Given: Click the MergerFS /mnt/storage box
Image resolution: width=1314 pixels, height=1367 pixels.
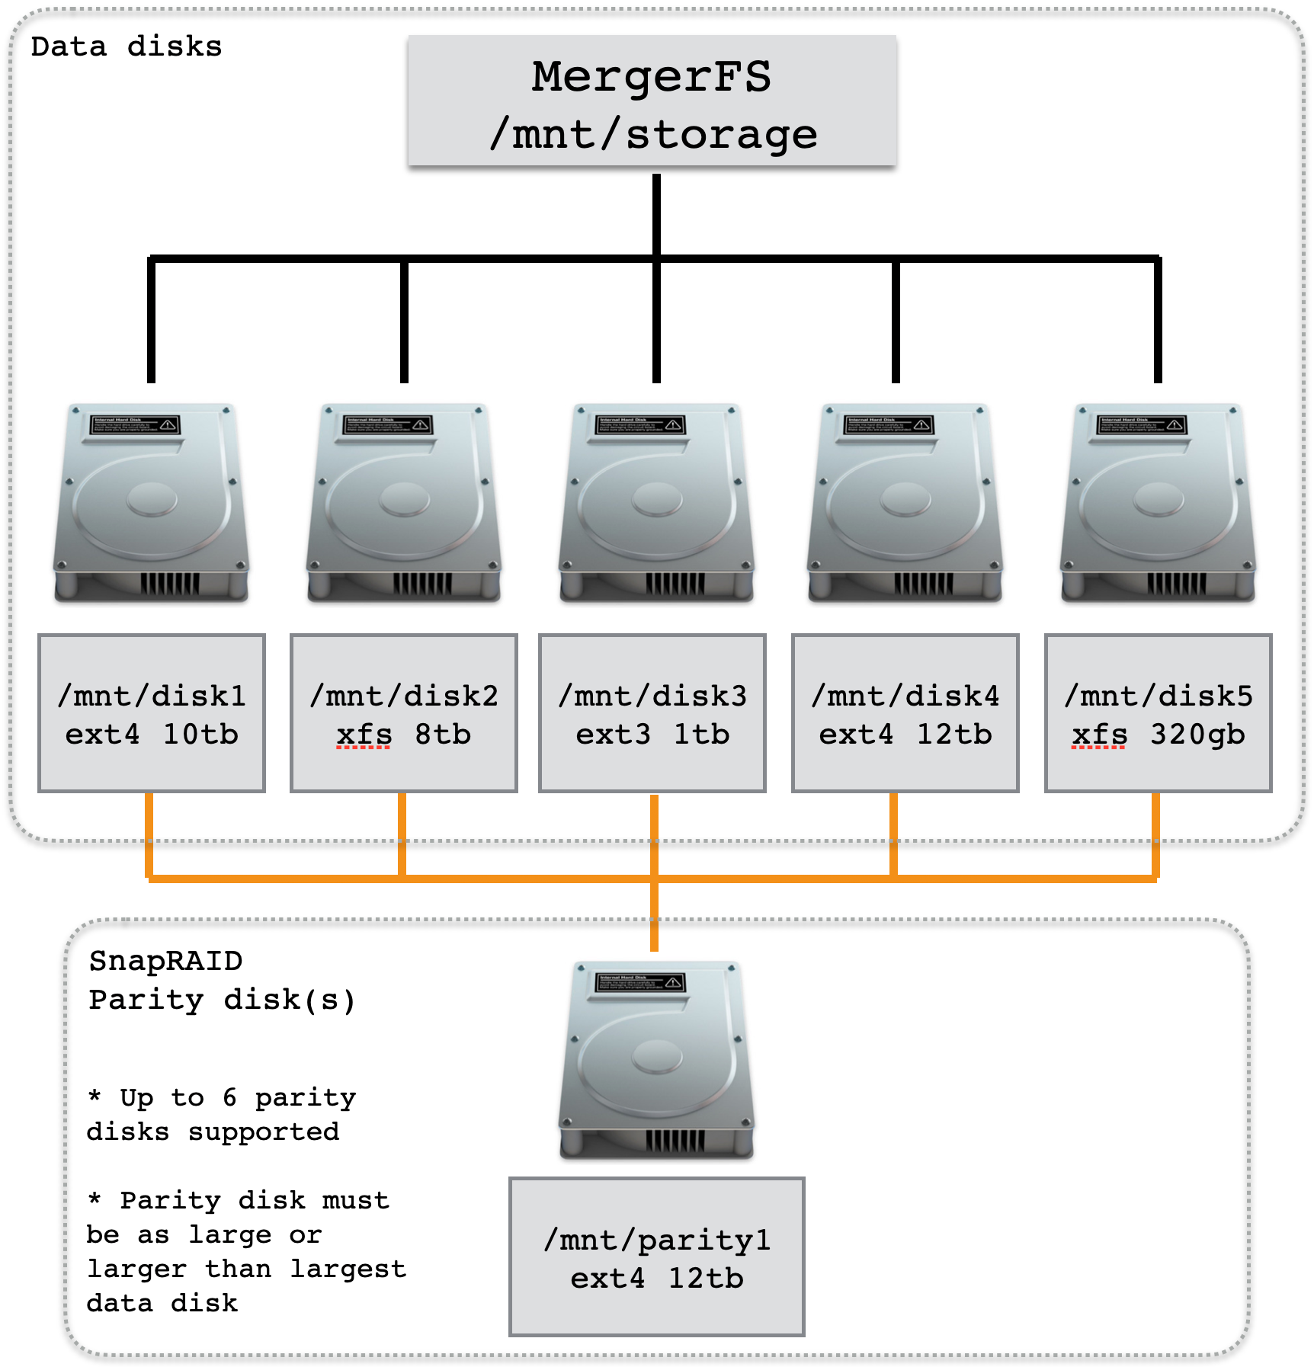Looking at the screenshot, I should click(x=652, y=101).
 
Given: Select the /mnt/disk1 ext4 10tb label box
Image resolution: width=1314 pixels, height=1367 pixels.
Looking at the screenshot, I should click(x=152, y=713).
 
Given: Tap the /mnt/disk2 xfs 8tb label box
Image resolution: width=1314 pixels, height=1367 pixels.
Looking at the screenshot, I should click(x=404, y=713).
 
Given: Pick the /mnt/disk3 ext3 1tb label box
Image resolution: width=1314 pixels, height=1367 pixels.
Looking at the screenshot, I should click(x=652, y=713).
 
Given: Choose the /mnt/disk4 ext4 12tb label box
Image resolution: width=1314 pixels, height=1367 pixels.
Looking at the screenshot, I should click(x=905, y=713).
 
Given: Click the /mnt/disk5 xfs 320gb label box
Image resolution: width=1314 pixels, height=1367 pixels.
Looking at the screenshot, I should click(x=1158, y=713).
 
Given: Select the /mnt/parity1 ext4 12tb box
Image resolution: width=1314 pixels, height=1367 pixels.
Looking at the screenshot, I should click(x=657, y=1257).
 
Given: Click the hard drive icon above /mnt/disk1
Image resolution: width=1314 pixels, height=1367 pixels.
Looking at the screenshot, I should click(x=152, y=503).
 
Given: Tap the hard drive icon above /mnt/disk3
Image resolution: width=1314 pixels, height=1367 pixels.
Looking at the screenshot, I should click(x=656, y=503).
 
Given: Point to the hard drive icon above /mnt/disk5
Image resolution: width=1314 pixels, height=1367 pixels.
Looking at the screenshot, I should click(x=1158, y=503).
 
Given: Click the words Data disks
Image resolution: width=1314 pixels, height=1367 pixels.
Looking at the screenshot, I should click(x=127, y=46).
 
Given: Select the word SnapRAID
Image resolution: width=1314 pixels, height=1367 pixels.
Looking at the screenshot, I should click(x=165, y=961).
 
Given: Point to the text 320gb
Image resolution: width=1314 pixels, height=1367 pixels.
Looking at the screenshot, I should click(x=1197, y=735).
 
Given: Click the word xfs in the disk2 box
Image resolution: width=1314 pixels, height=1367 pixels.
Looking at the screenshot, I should click(x=364, y=735).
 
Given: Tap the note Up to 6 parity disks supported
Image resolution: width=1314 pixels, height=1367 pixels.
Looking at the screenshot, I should click(x=221, y=1114).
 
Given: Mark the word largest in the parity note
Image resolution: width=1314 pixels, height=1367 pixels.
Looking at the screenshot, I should click(x=348, y=1269).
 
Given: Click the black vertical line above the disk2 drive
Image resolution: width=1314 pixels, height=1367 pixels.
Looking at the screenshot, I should click(x=404, y=320).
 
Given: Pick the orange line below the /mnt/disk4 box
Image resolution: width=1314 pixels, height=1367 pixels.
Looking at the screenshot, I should click(x=893, y=834).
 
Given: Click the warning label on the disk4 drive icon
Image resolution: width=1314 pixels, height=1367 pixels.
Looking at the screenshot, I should click(x=889, y=425).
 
